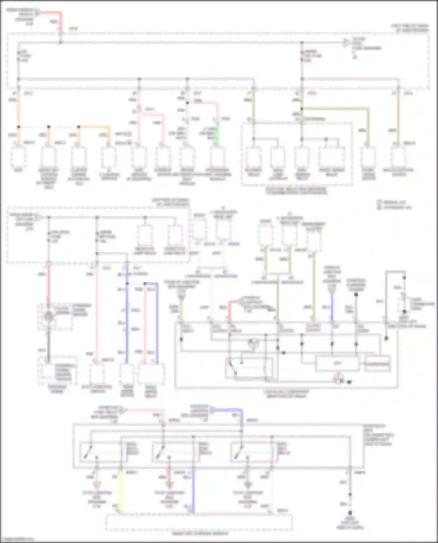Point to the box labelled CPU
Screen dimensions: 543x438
click(x=337, y=364)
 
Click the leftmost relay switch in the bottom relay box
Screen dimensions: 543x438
click(x=88, y=453)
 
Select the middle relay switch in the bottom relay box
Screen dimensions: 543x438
click(x=160, y=453)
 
